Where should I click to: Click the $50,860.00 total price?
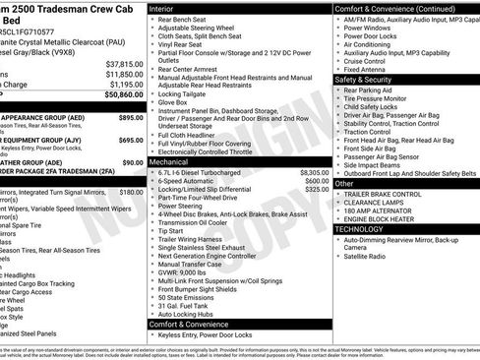[x=119, y=95]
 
